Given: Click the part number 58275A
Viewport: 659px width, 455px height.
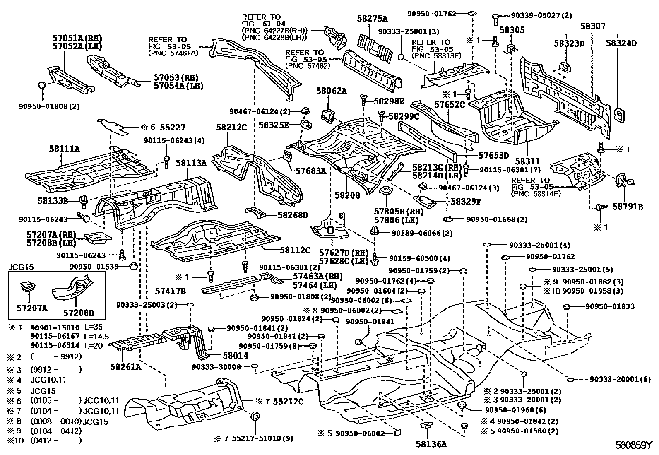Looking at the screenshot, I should point(372,18).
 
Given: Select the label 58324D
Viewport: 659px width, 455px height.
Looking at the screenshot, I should point(621,43).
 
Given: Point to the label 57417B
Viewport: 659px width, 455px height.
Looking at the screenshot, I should point(170,291).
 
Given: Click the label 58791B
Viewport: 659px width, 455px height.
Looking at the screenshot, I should point(628,207).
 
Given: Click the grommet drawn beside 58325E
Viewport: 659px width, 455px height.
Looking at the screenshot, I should point(306,125).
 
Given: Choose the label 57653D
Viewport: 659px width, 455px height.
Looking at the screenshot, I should point(493,156).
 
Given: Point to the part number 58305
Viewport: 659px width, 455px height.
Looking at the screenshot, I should point(512,30).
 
